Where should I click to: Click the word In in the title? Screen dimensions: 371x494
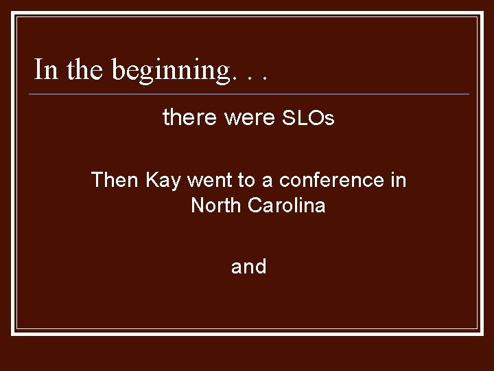point(45,69)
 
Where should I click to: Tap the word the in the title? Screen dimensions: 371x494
point(80,69)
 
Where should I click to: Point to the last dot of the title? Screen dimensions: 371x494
point(263,78)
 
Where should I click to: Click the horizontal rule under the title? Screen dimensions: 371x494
point(251,93)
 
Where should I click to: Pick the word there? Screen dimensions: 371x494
point(190,118)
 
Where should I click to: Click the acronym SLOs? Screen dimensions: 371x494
point(308,119)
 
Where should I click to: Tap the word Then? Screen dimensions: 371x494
point(115,180)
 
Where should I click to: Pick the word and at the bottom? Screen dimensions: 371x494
point(248,267)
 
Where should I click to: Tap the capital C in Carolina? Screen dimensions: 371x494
point(257,205)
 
